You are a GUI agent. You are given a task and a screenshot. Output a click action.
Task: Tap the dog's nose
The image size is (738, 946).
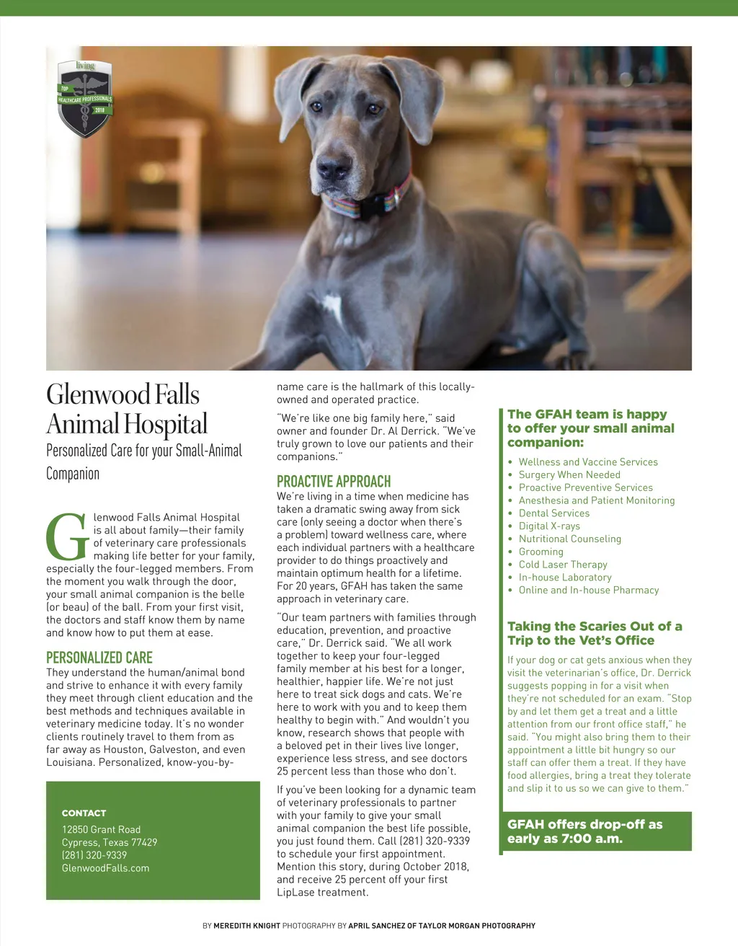coord(334,168)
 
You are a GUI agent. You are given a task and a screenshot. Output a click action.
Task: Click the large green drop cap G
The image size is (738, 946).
coord(67,537)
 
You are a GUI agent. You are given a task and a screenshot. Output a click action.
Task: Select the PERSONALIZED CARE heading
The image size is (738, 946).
coord(99,658)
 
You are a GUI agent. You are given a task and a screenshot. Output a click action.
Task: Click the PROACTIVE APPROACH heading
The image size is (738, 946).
coord(334,482)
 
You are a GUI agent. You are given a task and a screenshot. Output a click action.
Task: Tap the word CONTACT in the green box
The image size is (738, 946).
coord(84,813)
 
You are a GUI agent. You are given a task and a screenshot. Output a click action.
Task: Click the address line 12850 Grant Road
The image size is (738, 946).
coord(101,829)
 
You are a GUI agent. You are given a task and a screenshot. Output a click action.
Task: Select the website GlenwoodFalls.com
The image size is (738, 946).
coord(105,868)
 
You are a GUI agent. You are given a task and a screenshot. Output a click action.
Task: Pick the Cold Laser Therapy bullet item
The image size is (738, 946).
coord(563,565)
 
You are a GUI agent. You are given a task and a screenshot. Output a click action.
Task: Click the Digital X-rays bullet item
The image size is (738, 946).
coord(549,526)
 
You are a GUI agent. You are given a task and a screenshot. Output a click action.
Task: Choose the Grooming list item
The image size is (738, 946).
coord(541,552)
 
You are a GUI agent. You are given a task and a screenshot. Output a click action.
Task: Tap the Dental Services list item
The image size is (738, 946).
coord(553,513)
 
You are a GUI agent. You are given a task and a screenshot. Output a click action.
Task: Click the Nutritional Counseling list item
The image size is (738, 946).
coord(569,539)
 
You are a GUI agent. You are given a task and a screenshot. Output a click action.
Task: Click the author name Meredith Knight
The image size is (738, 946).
coord(246,926)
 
